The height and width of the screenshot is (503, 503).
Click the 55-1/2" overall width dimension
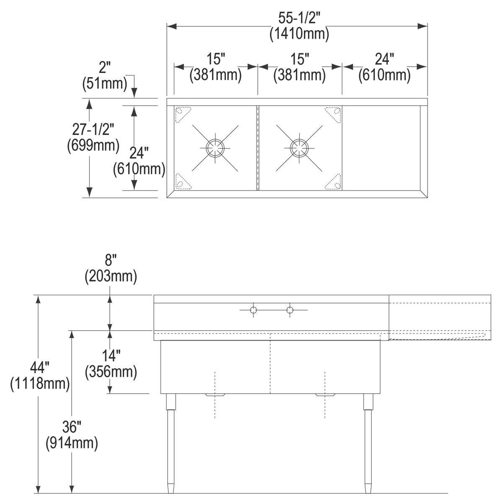[299, 18]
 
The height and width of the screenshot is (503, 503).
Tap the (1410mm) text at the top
[299, 34]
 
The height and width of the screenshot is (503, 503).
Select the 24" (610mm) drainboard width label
[384, 67]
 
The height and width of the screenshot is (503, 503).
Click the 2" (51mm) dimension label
[105, 76]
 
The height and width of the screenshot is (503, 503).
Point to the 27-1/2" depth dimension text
[93, 129]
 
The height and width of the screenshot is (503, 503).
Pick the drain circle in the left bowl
[215, 148]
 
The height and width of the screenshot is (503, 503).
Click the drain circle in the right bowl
[299, 148]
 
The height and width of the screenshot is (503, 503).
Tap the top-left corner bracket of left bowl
[182, 114]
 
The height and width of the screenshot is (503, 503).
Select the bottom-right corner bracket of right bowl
[333, 181]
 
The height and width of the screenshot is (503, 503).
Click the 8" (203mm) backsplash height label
[111, 269]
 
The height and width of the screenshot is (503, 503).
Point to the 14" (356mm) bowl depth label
[111, 364]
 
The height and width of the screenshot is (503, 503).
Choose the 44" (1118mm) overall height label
[40, 376]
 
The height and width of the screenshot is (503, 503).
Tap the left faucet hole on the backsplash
[253, 310]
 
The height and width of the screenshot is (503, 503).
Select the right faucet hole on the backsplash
[290, 310]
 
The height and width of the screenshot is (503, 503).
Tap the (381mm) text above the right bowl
[299, 75]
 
